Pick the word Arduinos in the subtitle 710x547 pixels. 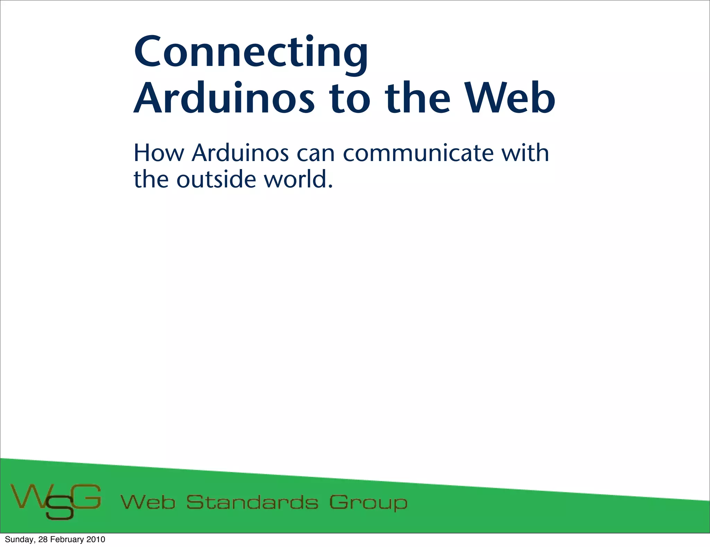(x=240, y=153)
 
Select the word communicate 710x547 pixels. (x=418, y=153)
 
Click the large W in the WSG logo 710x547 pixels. (x=27, y=496)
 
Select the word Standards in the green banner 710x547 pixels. (x=252, y=502)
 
